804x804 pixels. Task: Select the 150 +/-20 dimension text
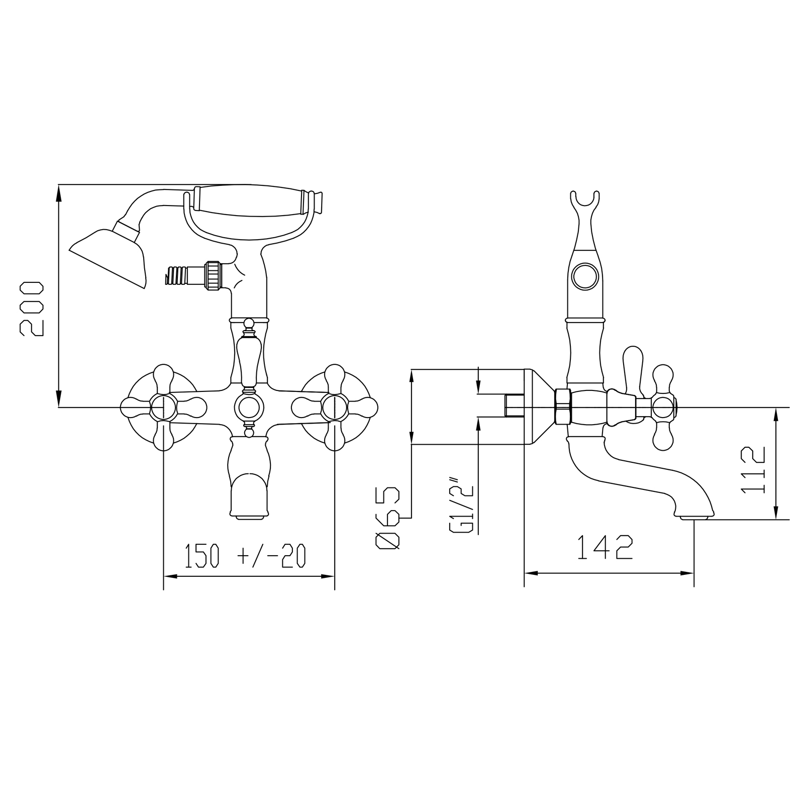(x=246, y=555)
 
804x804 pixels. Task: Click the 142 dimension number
(x=605, y=547)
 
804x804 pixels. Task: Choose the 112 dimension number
(x=753, y=470)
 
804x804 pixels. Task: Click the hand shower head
(x=108, y=256)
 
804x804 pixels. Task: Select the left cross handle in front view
(x=164, y=407)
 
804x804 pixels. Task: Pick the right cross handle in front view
(x=335, y=407)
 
